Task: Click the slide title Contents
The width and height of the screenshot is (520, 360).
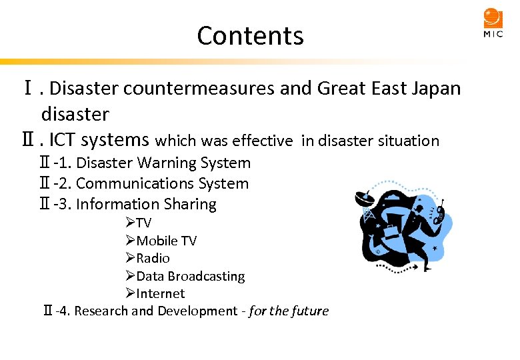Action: [x=250, y=35]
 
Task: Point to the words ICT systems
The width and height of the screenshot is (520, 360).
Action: [x=99, y=140]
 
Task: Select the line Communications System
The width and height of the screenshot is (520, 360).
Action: [x=162, y=183]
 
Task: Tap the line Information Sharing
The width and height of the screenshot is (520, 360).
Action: [x=146, y=204]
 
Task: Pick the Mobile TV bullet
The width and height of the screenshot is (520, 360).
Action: [x=166, y=241]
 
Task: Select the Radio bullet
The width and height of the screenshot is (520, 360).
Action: [x=153, y=258]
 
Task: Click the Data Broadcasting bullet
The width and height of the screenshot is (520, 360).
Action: [x=190, y=276]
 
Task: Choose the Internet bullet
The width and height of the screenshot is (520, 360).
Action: [x=160, y=293]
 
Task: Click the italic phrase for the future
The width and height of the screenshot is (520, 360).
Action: [x=289, y=311]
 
